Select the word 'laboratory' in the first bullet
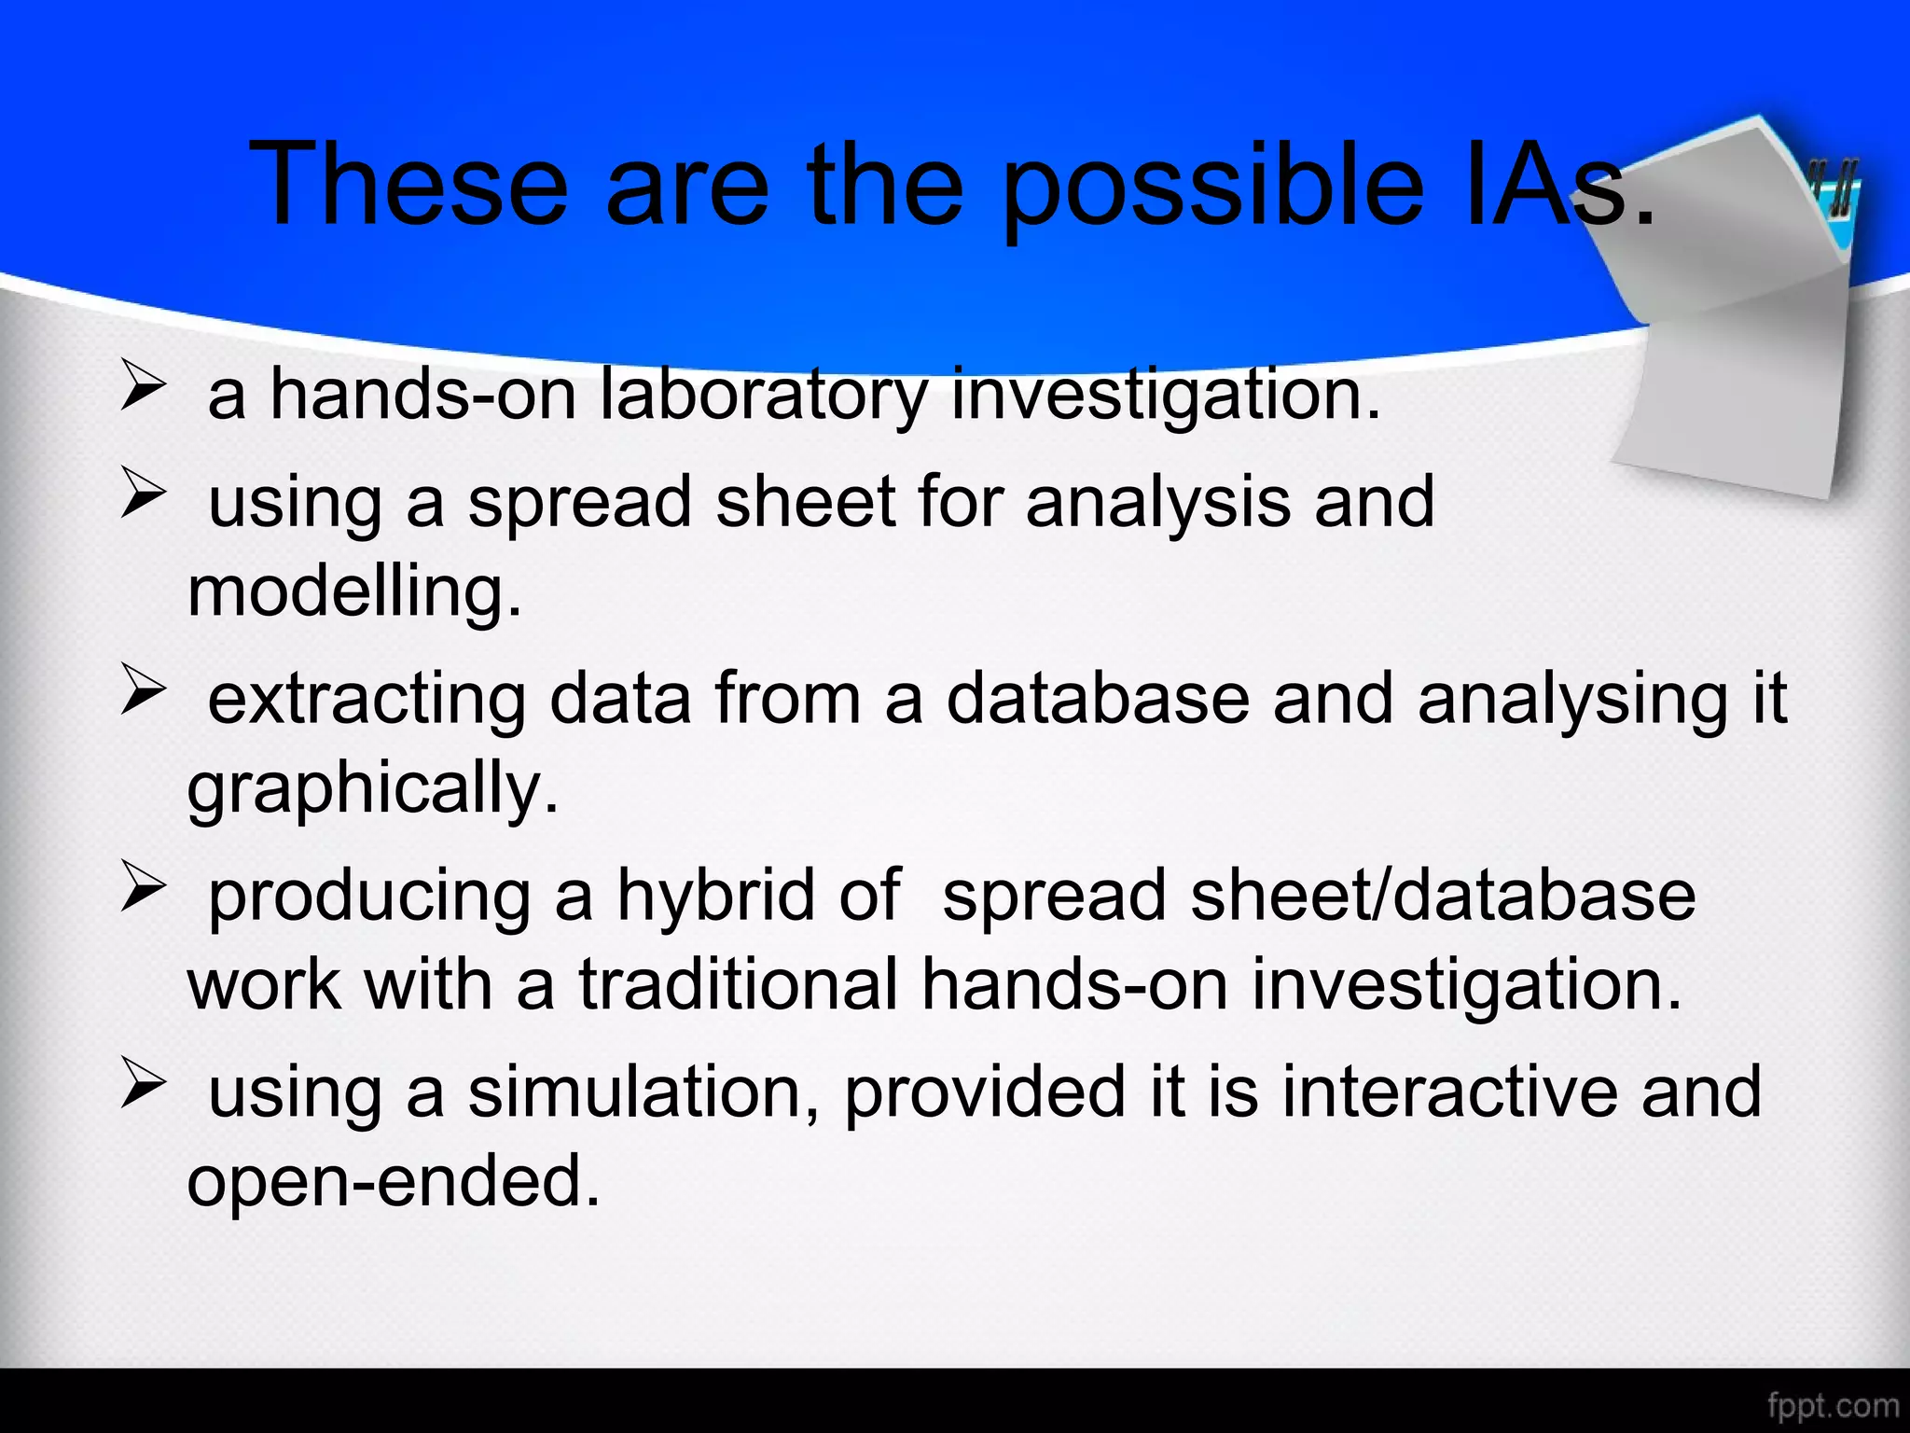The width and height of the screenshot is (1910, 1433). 763,396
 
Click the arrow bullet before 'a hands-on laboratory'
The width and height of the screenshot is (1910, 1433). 143,389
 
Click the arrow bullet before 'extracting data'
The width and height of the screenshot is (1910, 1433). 143,694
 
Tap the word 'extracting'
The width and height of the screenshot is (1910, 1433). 367,699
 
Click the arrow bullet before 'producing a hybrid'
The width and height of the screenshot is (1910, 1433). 143,890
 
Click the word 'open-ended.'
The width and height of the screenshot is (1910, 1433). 394,1181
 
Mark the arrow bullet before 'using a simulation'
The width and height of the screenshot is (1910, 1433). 143,1087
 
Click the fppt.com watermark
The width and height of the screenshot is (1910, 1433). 1833,1405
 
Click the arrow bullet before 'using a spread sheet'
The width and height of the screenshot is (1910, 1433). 143,497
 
